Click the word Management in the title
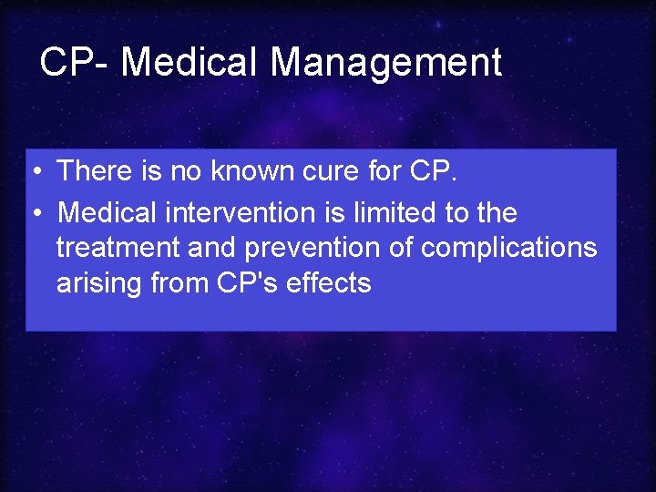pos(386,62)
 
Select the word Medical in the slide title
pos(190,62)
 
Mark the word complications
pos(516,248)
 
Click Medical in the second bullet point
pos(108,212)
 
